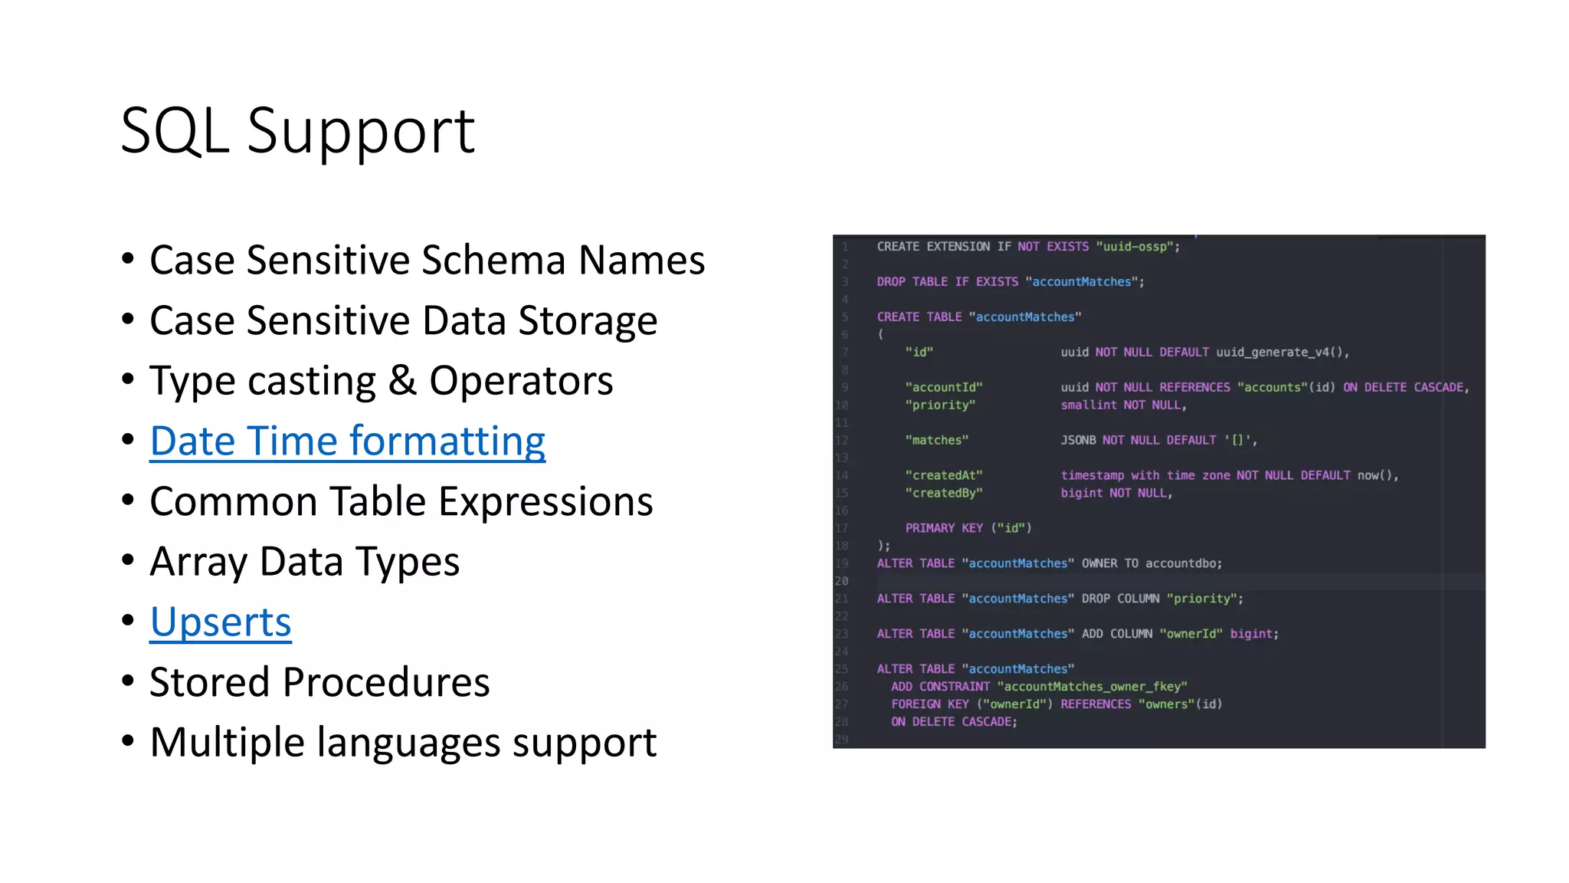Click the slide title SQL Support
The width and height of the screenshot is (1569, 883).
click(x=297, y=131)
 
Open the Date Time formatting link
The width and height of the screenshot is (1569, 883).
click(x=347, y=441)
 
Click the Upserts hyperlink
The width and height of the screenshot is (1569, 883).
click(x=221, y=622)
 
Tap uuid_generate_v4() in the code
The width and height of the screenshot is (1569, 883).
click(x=1282, y=353)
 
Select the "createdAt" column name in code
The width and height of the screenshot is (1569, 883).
click(x=943, y=475)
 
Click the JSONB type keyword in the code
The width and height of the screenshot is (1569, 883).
click(x=1078, y=440)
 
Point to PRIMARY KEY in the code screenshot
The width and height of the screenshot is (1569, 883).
click(x=944, y=528)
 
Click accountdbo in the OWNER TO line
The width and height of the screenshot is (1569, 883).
click(x=1183, y=563)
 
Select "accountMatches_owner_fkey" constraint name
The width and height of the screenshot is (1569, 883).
click(x=1092, y=687)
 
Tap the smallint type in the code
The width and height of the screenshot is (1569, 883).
click(x=1089, y=405)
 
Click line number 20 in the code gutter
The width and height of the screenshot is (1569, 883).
click(x=841, y=581)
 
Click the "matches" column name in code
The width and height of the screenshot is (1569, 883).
click(x=936, y=440)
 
